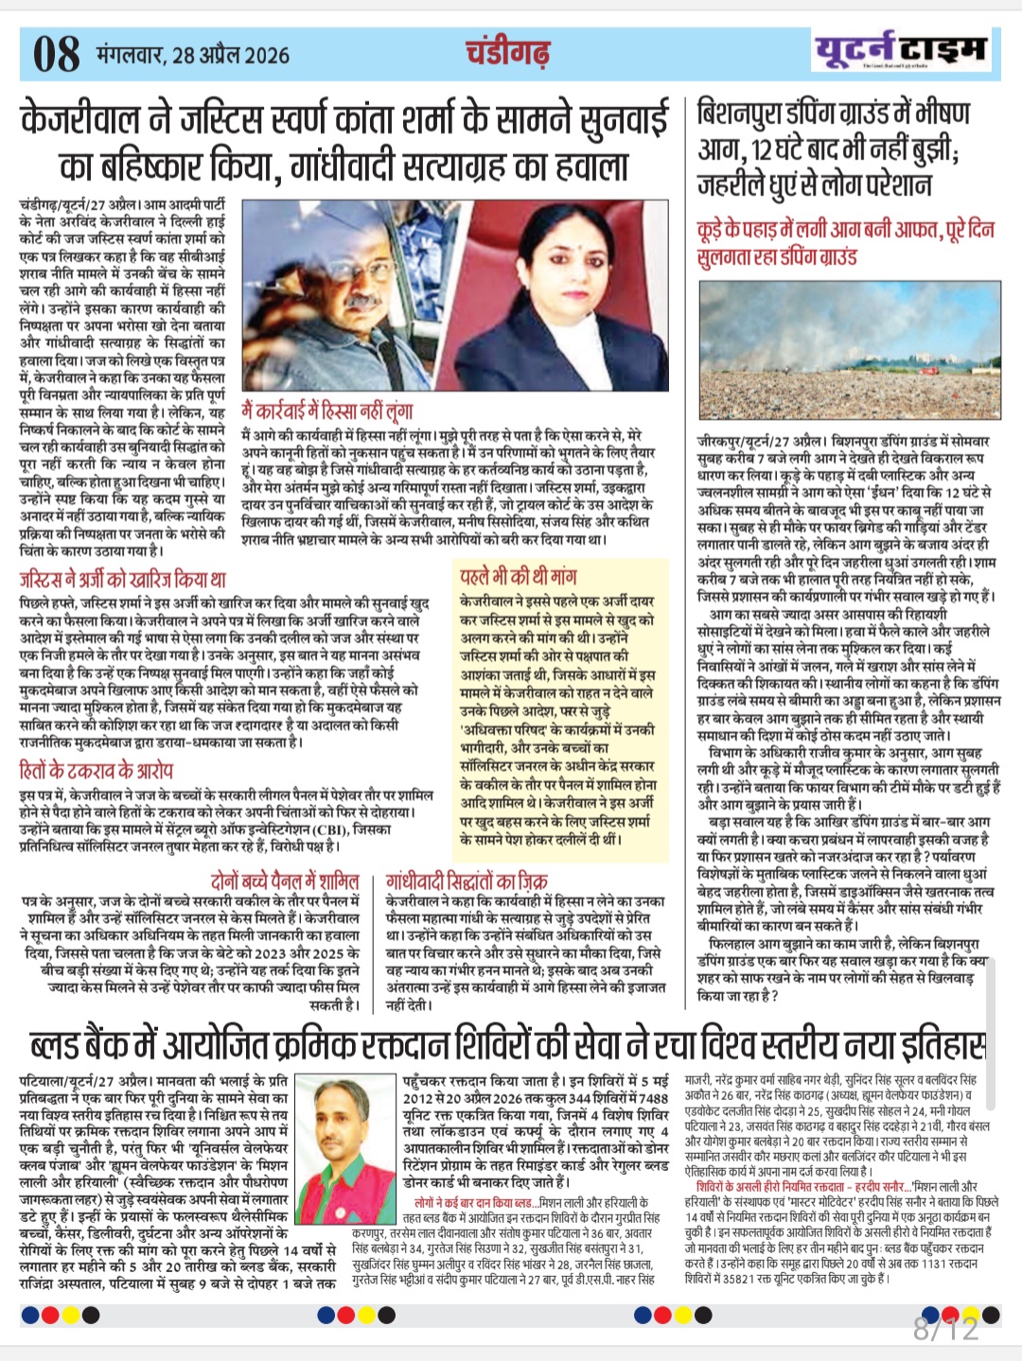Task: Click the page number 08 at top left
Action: (56, 53)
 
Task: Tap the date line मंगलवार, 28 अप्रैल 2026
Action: (192, 54)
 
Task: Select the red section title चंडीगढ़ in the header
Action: (507, 53)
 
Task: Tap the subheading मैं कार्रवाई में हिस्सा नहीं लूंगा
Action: (327, 411)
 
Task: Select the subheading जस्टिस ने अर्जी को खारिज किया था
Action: (123, 579)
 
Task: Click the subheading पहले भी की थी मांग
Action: (518, 577)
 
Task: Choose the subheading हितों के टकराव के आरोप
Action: (97, 771)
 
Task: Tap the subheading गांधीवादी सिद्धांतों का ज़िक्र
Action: (467, 881)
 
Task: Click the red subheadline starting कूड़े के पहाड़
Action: (845, 242)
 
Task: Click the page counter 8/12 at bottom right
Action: (945, 1329)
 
